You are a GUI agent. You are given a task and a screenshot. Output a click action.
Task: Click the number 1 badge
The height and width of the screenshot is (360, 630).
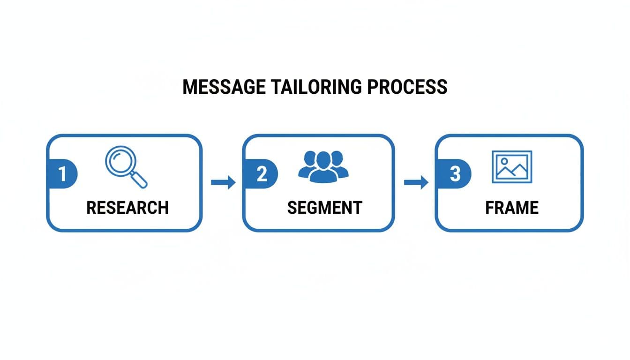click(x=62, y=174)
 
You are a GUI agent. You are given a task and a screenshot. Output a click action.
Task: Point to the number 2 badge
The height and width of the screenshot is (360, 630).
click(x=261, y=174)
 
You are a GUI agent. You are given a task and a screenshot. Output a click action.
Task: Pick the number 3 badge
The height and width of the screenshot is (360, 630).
click(x=454, y=174)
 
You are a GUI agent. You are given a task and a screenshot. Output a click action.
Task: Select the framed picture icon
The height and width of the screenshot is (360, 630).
click(x=511, y=166)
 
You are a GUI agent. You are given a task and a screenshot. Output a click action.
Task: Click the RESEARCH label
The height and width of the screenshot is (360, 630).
click(x=127, y=208)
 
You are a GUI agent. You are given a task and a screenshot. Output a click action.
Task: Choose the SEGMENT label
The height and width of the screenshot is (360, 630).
click(x=324, y=208)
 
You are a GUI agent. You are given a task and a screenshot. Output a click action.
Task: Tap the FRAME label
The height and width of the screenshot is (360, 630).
click(x=512, y=208)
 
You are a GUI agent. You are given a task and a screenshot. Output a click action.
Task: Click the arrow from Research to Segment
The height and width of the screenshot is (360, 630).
click(x=223, y=182)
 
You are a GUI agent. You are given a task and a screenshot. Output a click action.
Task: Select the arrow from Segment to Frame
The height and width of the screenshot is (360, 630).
click(x=416, y=182)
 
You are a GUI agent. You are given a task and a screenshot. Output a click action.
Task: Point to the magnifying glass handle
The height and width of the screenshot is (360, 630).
click(x=139, y=180)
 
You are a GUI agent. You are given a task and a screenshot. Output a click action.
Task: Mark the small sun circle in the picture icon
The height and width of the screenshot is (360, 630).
click(x=504, y=161)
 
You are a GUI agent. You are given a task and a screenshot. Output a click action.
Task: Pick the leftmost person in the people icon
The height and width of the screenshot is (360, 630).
click(x=307, y=165)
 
